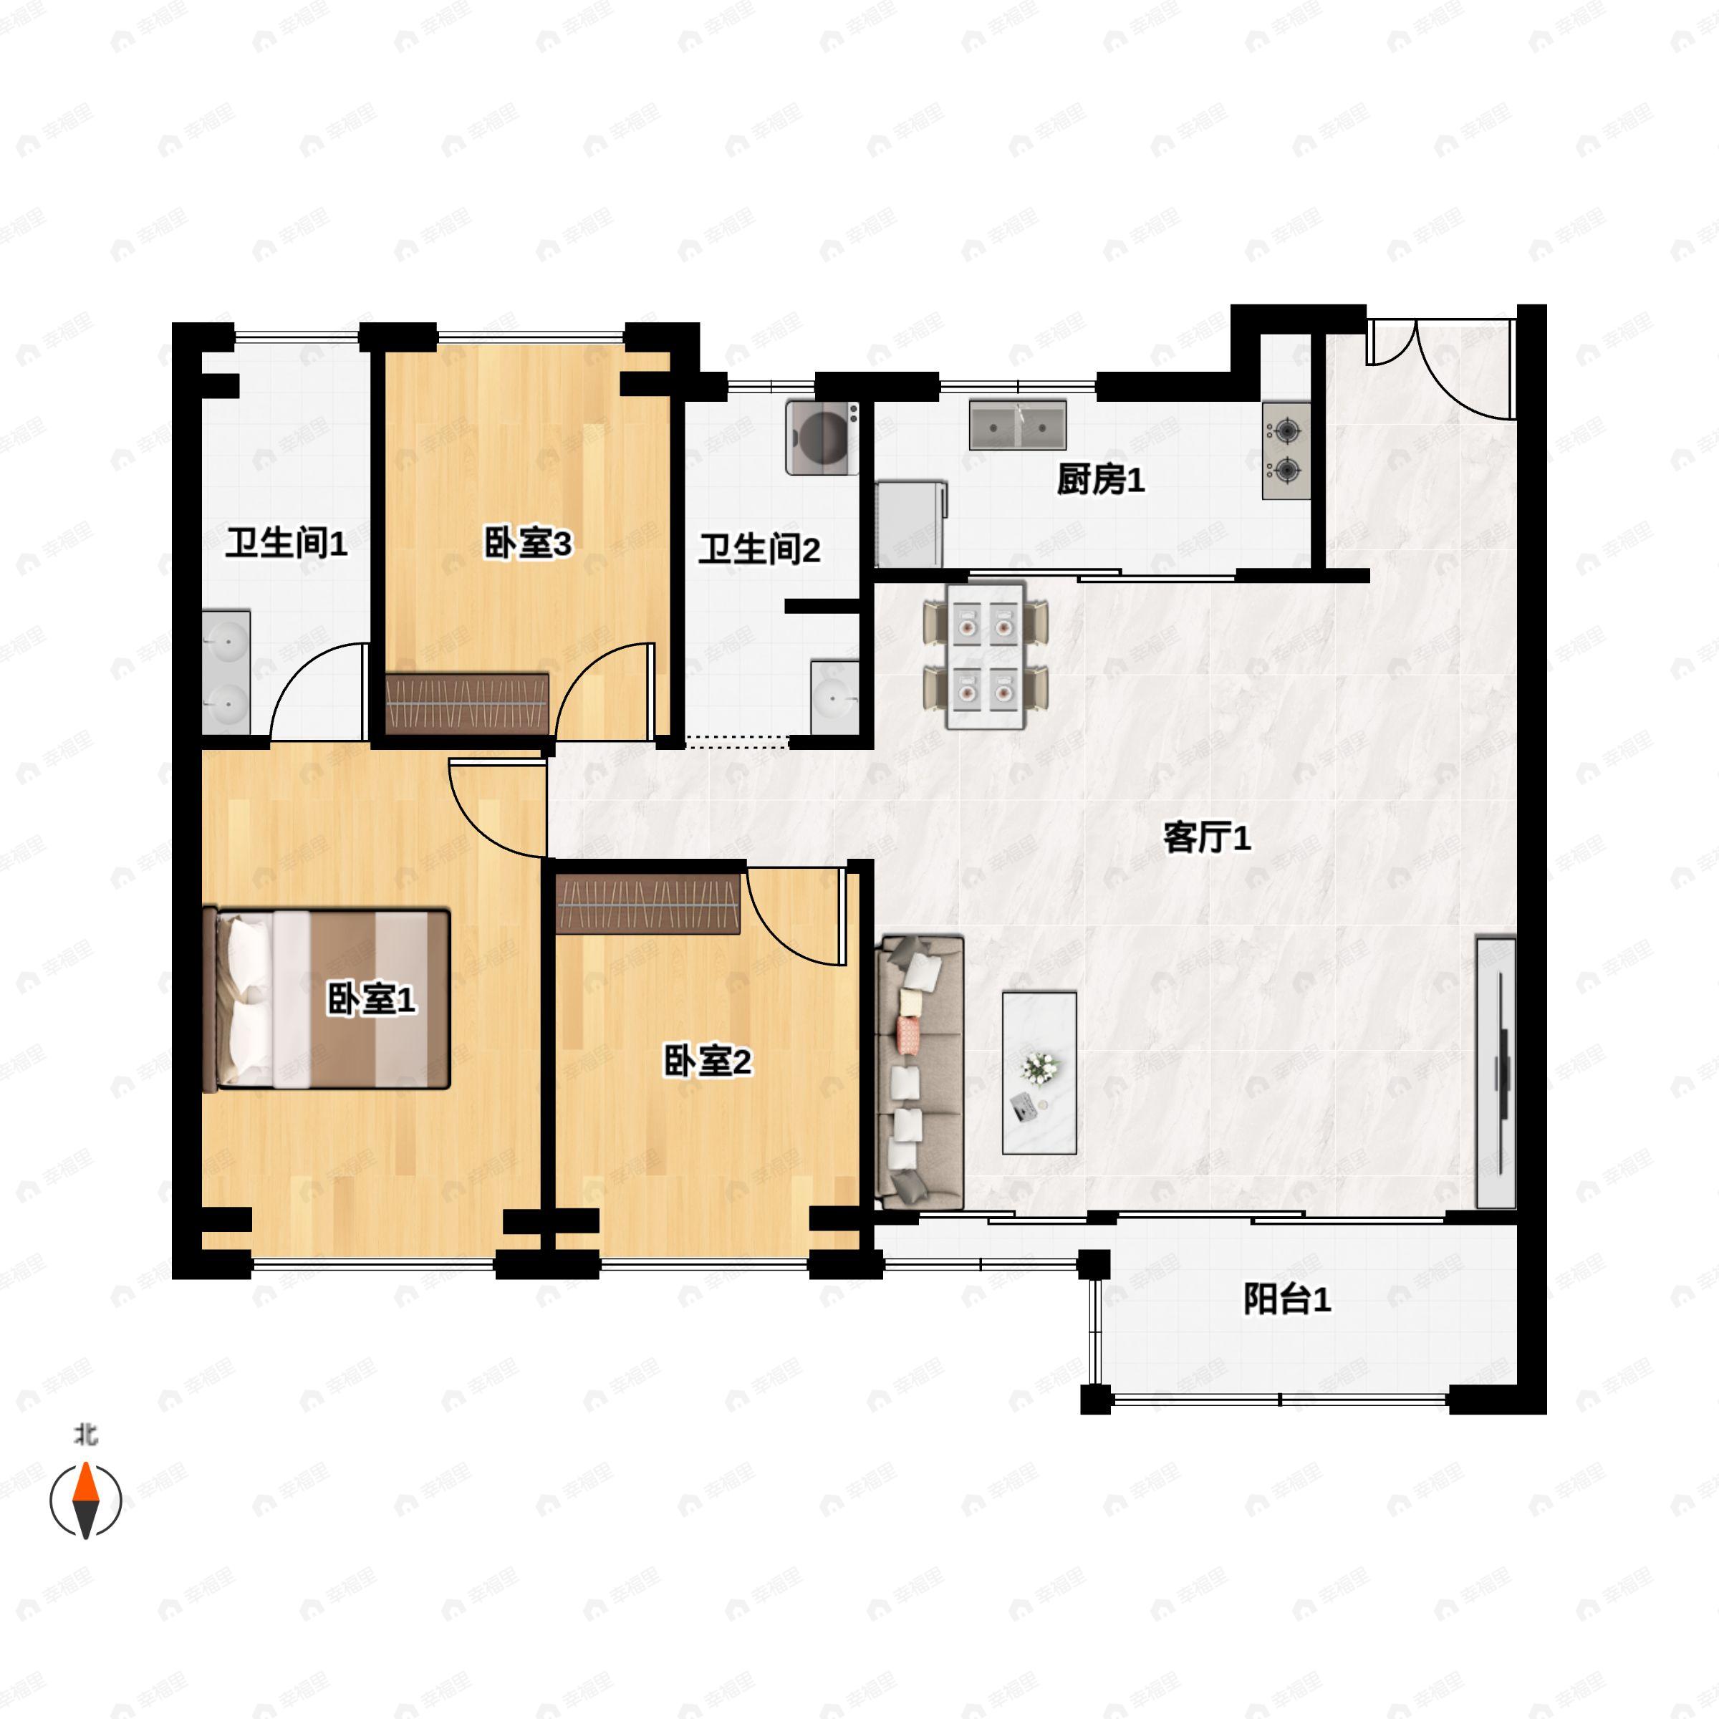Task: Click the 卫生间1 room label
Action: point(286,544)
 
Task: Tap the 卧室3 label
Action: point(528,544)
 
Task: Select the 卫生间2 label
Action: point(759,550)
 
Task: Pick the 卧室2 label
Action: point(708,1061)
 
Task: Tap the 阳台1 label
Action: point(1286,1300)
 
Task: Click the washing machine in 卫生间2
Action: point(823,437)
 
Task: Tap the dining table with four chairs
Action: point(986,656)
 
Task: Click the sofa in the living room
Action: point(920,1072)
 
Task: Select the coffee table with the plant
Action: point(1039,1073)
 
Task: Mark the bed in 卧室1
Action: point(327,998)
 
